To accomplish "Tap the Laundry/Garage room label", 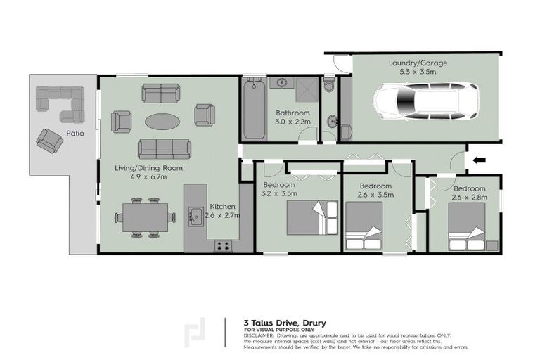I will [418, 67].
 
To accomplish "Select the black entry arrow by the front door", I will [480, 161].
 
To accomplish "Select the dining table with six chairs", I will [146, 218].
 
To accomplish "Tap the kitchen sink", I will [195, 216].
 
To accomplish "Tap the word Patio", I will [75, 132].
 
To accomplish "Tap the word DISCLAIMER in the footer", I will [260, 335].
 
